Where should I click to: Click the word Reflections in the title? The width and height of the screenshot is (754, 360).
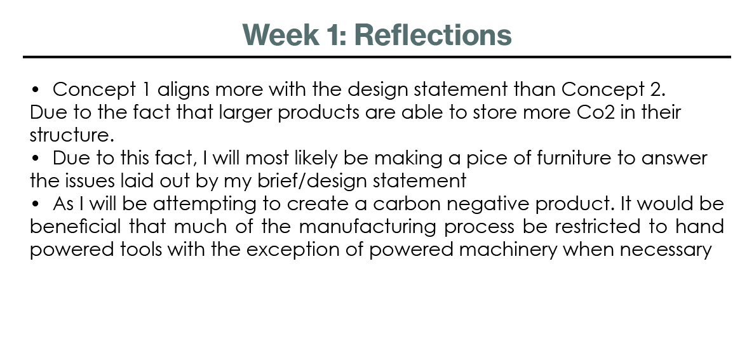coord(433,35)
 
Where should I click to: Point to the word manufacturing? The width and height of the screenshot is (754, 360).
coord(367,227)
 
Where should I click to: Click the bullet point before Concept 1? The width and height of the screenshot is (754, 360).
coord(35,90)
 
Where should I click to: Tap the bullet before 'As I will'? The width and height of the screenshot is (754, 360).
coord(35,204)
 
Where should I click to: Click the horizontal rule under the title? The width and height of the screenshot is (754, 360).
coord(377,57)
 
